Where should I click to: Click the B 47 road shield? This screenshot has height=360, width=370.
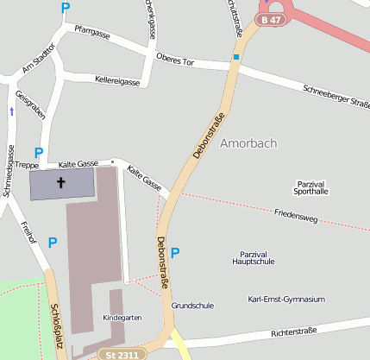point(271,19)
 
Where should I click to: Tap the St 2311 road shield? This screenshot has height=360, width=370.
point(118,354)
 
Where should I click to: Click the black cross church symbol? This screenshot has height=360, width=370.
point(61,182)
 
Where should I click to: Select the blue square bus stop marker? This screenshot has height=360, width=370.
point(235,58)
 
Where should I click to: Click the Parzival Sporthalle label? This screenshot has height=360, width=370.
point(312,188)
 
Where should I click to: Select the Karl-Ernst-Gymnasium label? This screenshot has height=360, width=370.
point(285,299)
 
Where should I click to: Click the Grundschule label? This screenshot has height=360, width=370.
point(192,306)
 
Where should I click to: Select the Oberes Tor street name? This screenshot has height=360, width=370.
point(177,60)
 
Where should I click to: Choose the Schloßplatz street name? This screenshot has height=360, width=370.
point(56,324)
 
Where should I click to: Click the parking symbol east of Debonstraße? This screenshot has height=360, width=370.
point(176,253)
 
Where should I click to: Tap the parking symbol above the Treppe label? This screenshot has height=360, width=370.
point(38,152)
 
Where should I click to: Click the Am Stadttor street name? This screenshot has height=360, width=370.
point(39,59)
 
